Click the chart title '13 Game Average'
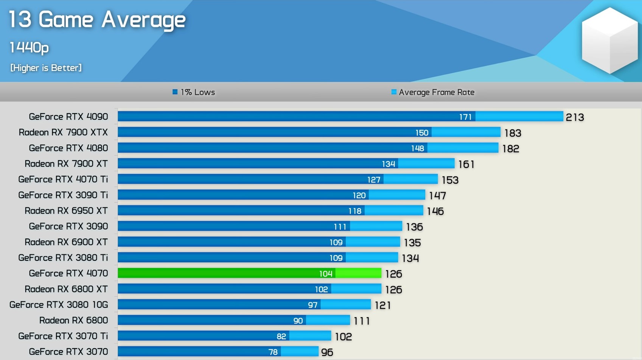pyautogui.click(x=97, y=20)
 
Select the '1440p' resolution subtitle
pyautogui.click(x=29, y=48)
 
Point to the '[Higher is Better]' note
pyautogui.click(x=46, y=68)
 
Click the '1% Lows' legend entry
pyautogui.click(x=194, y=92)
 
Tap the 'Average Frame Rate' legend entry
pyautogui.click(x=433, y=92)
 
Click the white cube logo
pyautogui.click(x=609, y=41)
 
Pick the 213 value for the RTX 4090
pyautogui.click(x=575, y=117)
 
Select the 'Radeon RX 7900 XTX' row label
pyautogui.click(x=63, y=132)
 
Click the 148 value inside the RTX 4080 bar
pyautogui.click(x=418, y=148)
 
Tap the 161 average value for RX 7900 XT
pyautogui.click(x=466, y=164)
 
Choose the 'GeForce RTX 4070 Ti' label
pyautogui.click(x=63, y=179)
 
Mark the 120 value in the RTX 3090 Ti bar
pyautogui.click(x=359, y=195)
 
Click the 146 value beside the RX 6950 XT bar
pyautogui.click(x=435, y=211)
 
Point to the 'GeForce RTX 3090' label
pyautogui.click(x=68, y=226)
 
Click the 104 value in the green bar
pyautogui.click(x=326, y=274)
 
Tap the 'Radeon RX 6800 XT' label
pyautogui.click(x=66, y=289)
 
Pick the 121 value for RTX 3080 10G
pyautogui.click(x=382, y=305)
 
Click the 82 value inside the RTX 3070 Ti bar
pyautogui.click(x=281, y=337)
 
